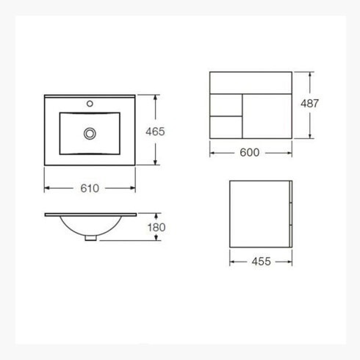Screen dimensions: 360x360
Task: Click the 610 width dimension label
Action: (89, 187)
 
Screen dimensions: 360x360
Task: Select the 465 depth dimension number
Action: (155, 132)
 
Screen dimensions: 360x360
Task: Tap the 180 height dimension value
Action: (155, 226)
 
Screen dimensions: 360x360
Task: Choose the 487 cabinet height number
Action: (310, 104)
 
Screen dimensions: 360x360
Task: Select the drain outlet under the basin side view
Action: (90, 237)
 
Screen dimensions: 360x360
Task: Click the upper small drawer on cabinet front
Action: (226, 103)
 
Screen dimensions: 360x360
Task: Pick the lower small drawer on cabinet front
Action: (226, 126)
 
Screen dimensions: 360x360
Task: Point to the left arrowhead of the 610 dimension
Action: (48, 187)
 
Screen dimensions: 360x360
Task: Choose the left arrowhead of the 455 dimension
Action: (233, 261)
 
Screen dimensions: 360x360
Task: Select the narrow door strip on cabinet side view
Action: (292, 213)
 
